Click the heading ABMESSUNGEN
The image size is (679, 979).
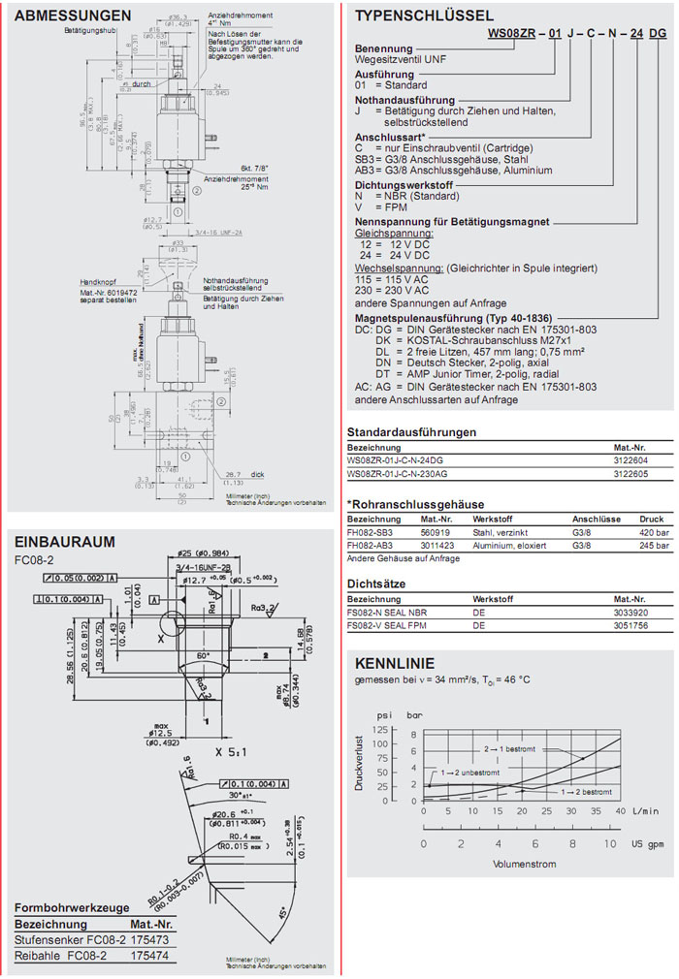(x=73, y=16)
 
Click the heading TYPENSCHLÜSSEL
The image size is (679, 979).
(x=424, y=16)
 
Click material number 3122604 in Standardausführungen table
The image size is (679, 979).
(x=630, y=459)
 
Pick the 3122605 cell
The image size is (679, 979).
(x=630, y=473)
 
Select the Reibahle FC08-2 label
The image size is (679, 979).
(x=60, y=956)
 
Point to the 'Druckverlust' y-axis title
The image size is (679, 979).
(x=360, y=763)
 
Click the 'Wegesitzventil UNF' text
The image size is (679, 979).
(x=400, y=59)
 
